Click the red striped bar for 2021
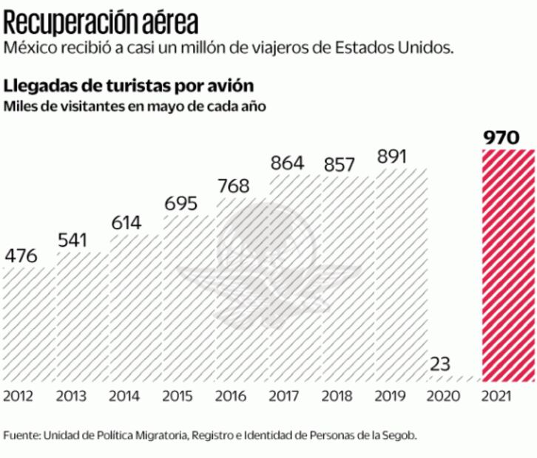[x=508, y=266]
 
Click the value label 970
[x=507, y=137]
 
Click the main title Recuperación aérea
[x=101, y=21]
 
